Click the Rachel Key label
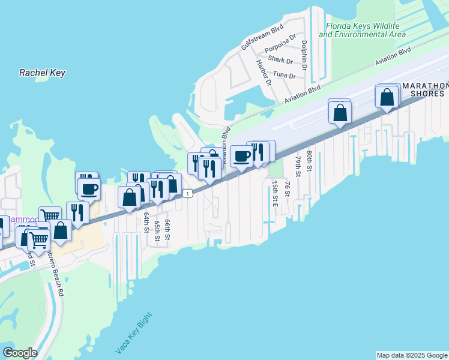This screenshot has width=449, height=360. [42, 73]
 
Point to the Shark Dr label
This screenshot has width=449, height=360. [280, 60]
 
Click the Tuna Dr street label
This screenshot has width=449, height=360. [284, 75]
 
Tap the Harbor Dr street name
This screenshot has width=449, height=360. [264, 72]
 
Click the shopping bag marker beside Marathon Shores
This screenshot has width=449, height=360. [387, 97]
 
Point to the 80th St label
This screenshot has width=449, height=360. [309, 161]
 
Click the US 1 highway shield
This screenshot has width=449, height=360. [188, 193]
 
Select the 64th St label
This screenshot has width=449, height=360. [146, 221]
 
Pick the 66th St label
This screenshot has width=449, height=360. [167, 229]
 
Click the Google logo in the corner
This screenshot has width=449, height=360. [20, 353]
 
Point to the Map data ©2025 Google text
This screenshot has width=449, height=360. [411, 355]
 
